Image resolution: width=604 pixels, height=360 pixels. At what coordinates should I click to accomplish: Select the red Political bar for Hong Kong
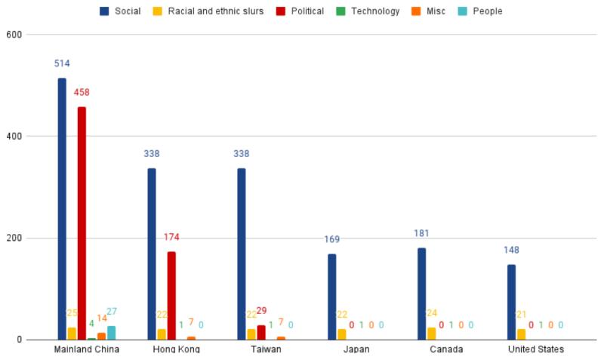click(x=171, y=295)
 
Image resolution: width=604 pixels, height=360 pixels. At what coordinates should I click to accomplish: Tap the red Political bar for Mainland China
click(x=82, y=223)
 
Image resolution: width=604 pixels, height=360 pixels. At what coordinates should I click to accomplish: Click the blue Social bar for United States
click(x=511, y=302)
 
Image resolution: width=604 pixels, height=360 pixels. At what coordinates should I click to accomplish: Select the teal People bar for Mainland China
click(x=111, y=332)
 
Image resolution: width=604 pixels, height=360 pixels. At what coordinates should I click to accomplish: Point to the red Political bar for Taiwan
click(x=261, y=332)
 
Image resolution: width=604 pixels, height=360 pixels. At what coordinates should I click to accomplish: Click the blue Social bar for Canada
click(x=421, y=294)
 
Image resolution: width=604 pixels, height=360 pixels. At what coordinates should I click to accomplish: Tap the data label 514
click(x=62, y=63)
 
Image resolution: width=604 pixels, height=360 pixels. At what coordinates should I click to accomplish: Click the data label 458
click(x=82, y=93)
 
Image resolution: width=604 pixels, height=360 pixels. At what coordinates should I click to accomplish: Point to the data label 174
click(x=171, y=237)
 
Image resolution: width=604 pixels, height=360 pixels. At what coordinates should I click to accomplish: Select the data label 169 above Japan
click(x=331, y=239)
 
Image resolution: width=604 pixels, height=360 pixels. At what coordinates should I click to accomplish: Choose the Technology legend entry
click(x=371, y=11)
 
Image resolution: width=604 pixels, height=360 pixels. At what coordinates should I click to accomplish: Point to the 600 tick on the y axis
click(x=15, y=35)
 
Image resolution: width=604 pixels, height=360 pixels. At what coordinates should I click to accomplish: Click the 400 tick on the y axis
click(x=15, y=137)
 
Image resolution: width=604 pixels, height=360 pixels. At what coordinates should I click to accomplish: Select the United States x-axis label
click(x=535, y=349)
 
